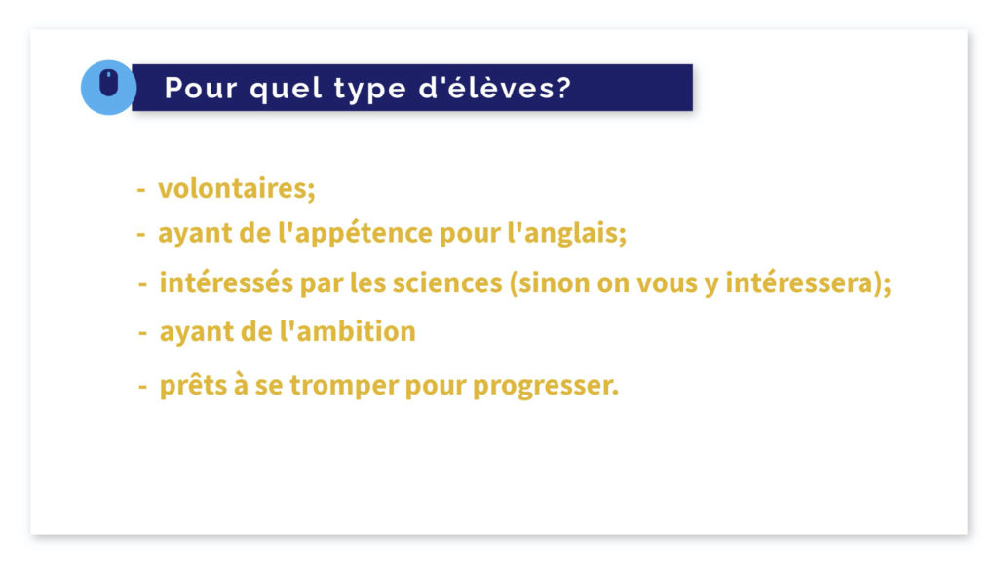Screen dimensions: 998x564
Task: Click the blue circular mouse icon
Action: tap(108, 87)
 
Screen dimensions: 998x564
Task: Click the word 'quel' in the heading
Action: tap(286, 89)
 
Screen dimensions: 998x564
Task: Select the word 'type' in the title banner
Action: tap(369, 89)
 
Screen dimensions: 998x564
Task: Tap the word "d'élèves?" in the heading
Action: tap(494, 87)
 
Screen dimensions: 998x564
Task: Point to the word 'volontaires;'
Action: tap(237, 188)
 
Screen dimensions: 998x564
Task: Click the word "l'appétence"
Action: tap(355, 234)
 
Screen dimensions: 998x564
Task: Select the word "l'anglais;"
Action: tap(566, 234)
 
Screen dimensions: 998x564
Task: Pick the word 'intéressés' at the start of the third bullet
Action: tap(226, 282)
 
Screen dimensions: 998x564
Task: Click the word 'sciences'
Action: tap(446, 282)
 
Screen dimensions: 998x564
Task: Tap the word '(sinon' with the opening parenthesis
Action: tap(550, 282)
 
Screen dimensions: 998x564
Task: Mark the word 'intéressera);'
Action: tap(808, 282)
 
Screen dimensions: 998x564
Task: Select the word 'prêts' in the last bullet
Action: tap(194, 386)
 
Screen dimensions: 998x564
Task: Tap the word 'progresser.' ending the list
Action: tap(546, 386)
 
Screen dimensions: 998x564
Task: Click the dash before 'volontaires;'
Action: tap(141, 190)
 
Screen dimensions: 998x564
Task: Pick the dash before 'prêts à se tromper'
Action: tap(142, 386)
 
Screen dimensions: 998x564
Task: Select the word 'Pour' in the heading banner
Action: tap(201, 88)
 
